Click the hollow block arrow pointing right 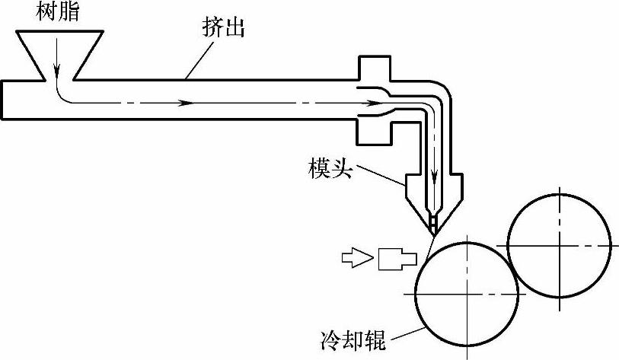point(354,259)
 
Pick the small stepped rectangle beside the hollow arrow point(395,259)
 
